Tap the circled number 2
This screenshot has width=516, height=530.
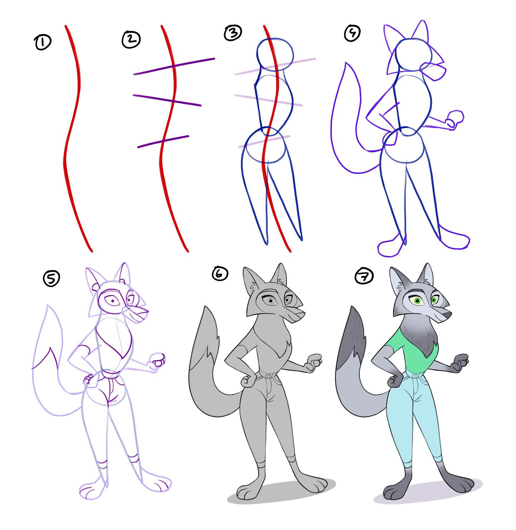pos(131,39)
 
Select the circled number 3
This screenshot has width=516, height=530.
pos(233,33)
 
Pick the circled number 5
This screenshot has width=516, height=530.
pos(51,278)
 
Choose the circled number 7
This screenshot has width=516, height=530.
pos(364,276)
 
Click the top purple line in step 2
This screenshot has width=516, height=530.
pos(174,66)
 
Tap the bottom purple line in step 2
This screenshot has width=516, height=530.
pos(163,141)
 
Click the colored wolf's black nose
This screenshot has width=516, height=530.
pos(447,315)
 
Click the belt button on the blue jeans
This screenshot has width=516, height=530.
pos(415,376)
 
